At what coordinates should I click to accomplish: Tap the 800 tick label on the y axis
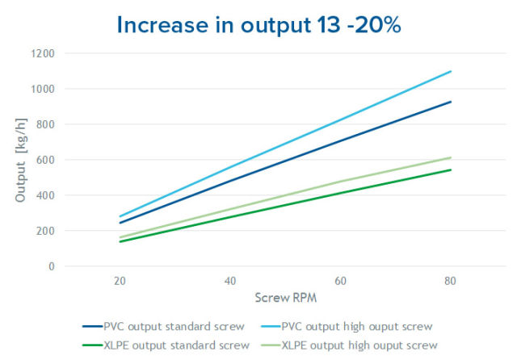click(x=46, y=124)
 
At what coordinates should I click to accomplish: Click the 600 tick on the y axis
click(x=46, y=160)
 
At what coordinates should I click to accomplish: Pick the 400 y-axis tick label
click(x=46, y=195)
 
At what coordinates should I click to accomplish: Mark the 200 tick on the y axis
click(x=46, y=231)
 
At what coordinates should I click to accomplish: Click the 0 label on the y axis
click(x=51, y=266)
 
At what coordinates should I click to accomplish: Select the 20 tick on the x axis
click(x=120, y=281)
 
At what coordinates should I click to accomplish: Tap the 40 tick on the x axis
click(x=230, y=281)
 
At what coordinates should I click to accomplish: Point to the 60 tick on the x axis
click(x=341, y=281)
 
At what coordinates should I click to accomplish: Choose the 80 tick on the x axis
click(x=451, y=281)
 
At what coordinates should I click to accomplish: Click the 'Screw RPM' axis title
click(x=284, y=298)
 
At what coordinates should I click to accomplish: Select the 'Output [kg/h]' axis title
click(x=23, y=160)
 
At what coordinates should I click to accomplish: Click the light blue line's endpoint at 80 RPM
click(x=451, y=71)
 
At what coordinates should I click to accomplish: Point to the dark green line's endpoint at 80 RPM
click(x=451, y=170)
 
